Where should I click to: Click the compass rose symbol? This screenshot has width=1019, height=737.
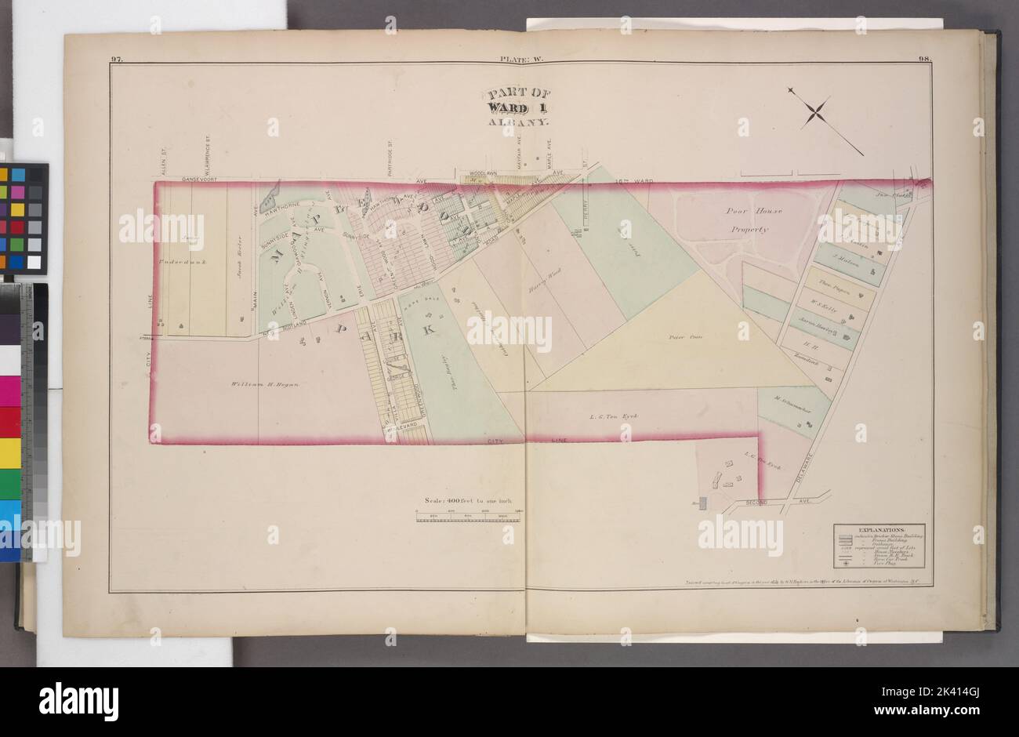(815, 112)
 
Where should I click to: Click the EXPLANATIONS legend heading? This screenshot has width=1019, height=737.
(877, 531)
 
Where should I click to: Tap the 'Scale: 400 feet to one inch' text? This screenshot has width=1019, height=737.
(467, 499)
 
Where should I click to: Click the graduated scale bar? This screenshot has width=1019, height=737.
(469, 514)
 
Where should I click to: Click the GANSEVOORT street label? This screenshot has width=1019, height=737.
(203, 179)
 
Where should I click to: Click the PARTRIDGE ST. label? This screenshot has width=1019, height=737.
(390, 157)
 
